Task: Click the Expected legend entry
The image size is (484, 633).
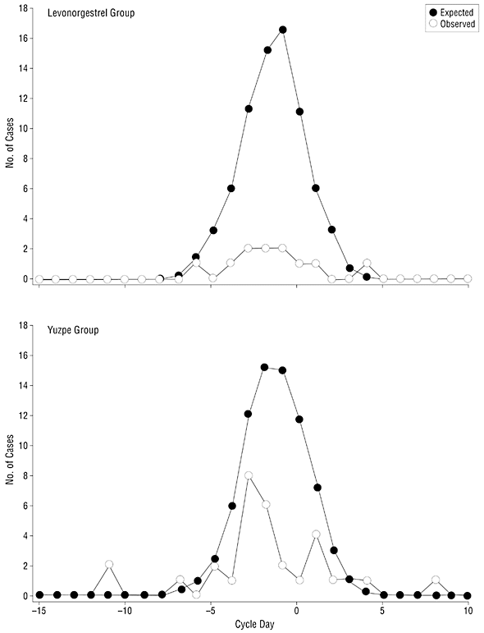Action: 451,13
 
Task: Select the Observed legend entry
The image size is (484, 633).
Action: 452,24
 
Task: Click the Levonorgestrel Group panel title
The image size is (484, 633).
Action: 91,13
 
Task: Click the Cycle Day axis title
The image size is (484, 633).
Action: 254,625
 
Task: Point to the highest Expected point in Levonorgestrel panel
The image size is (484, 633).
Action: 283,30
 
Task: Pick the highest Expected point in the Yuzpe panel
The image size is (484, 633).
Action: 265,367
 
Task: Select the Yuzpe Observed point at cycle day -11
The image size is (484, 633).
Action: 108,564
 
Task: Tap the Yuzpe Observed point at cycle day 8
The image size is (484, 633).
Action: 436,580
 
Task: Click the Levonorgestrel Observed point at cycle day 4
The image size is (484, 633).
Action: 367,264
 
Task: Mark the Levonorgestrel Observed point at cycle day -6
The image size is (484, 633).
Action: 196,263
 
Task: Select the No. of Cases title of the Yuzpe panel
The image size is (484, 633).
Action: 10,461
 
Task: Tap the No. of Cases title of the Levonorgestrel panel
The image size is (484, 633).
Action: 10,143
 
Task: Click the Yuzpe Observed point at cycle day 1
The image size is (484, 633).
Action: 316,534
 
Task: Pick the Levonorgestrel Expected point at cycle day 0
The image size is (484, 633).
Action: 299,112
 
